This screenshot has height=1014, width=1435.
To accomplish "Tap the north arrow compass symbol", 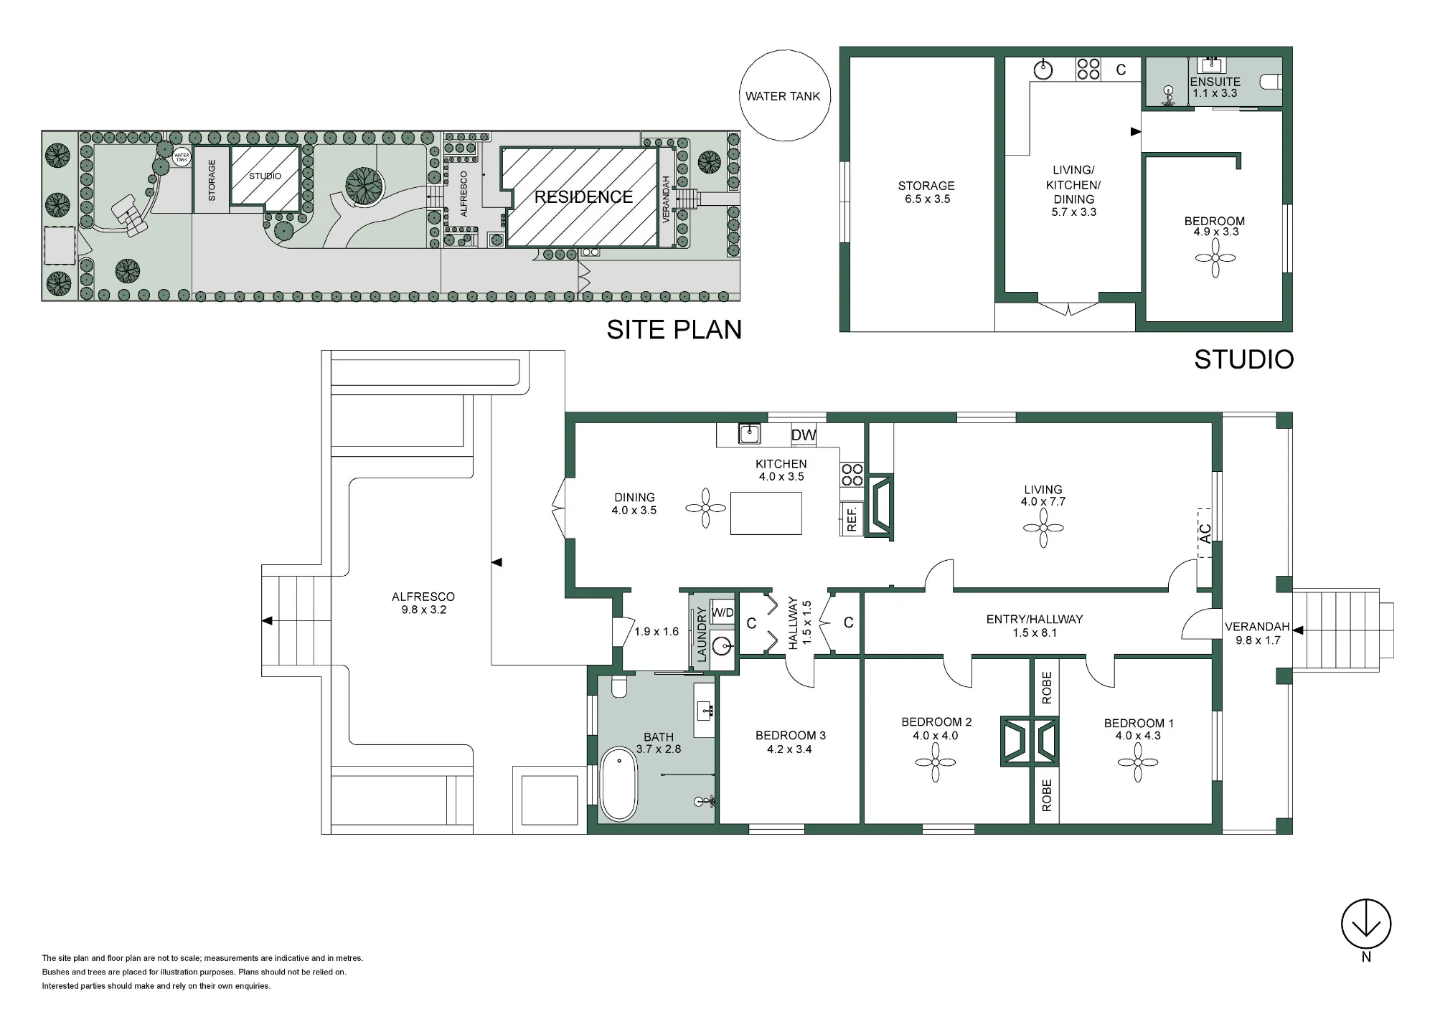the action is click(x=1366, y=924).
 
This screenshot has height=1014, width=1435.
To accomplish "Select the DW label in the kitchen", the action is click(x=804, y=435).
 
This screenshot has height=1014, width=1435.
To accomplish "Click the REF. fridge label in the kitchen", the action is click(x=852, y=518).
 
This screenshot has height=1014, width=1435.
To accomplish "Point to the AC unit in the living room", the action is click(x=1205, y=533).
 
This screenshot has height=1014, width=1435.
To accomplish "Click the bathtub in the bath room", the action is click(x=618, y=785).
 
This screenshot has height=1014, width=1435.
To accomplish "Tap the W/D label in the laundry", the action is click(x=723, y=612).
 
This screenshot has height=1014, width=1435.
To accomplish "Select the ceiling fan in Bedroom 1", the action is click(x=1137, y=762).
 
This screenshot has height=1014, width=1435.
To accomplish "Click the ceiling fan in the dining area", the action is click(x=705, y=508).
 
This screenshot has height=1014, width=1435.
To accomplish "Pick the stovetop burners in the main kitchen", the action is click(x=852, y=474).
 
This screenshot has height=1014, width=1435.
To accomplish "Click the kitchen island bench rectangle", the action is click(x=766, y=513).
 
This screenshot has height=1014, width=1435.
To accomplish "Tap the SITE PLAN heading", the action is click(x=674, y=329).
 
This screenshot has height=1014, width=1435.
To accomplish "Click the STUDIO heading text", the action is click(x=1243, y=359).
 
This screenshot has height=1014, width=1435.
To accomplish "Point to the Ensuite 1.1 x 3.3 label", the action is click(x=1215, y=87).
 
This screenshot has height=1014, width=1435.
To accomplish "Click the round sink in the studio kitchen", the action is click(x=1043, y=70).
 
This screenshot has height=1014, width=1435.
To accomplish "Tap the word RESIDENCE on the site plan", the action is click(x=583, y=197).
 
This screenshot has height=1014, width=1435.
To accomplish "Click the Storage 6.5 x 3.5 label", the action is click(x=926, y=192).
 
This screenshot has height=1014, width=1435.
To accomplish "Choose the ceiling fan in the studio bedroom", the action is click(x=1215, y=258).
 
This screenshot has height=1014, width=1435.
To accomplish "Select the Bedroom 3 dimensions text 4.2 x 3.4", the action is click(x=789, y=749).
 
